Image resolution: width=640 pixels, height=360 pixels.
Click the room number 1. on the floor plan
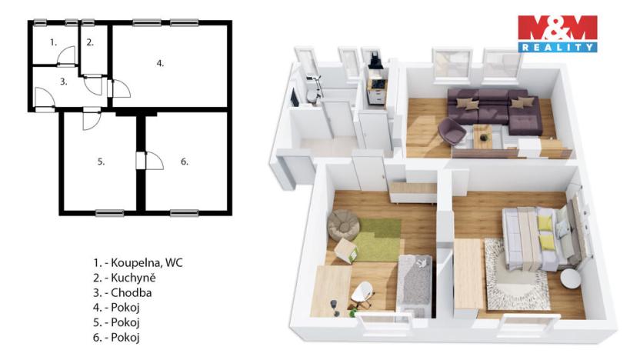53,42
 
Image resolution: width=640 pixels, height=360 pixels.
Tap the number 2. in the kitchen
90,42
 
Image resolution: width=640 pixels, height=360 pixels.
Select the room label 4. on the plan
160,63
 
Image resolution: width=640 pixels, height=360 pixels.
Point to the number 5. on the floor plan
101,162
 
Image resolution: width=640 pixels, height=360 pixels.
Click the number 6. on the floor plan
185,162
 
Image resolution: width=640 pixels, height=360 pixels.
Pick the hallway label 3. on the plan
63,82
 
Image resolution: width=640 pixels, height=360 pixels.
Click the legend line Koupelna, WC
138,263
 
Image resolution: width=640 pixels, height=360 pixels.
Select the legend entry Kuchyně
125,278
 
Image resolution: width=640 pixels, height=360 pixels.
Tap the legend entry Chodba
122,292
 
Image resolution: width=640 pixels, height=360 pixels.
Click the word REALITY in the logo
558,48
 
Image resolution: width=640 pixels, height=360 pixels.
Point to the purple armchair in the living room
452,131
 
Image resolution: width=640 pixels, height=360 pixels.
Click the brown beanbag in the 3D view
343,225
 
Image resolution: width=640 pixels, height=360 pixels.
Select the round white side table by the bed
570,278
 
